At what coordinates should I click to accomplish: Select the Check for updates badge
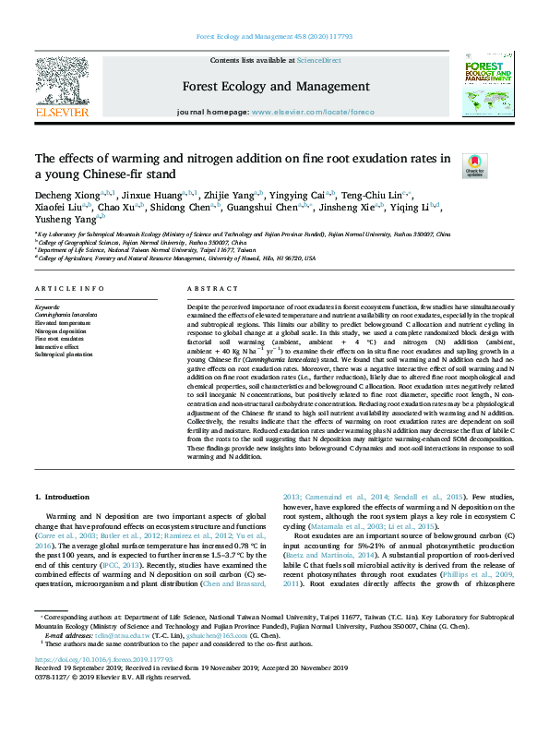(499, 166)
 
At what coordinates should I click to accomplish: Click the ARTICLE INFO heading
(69, 289)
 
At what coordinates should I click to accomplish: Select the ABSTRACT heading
(212, 289)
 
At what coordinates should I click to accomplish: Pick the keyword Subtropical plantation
(64, 354)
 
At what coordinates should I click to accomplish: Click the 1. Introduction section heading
(62, 498)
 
